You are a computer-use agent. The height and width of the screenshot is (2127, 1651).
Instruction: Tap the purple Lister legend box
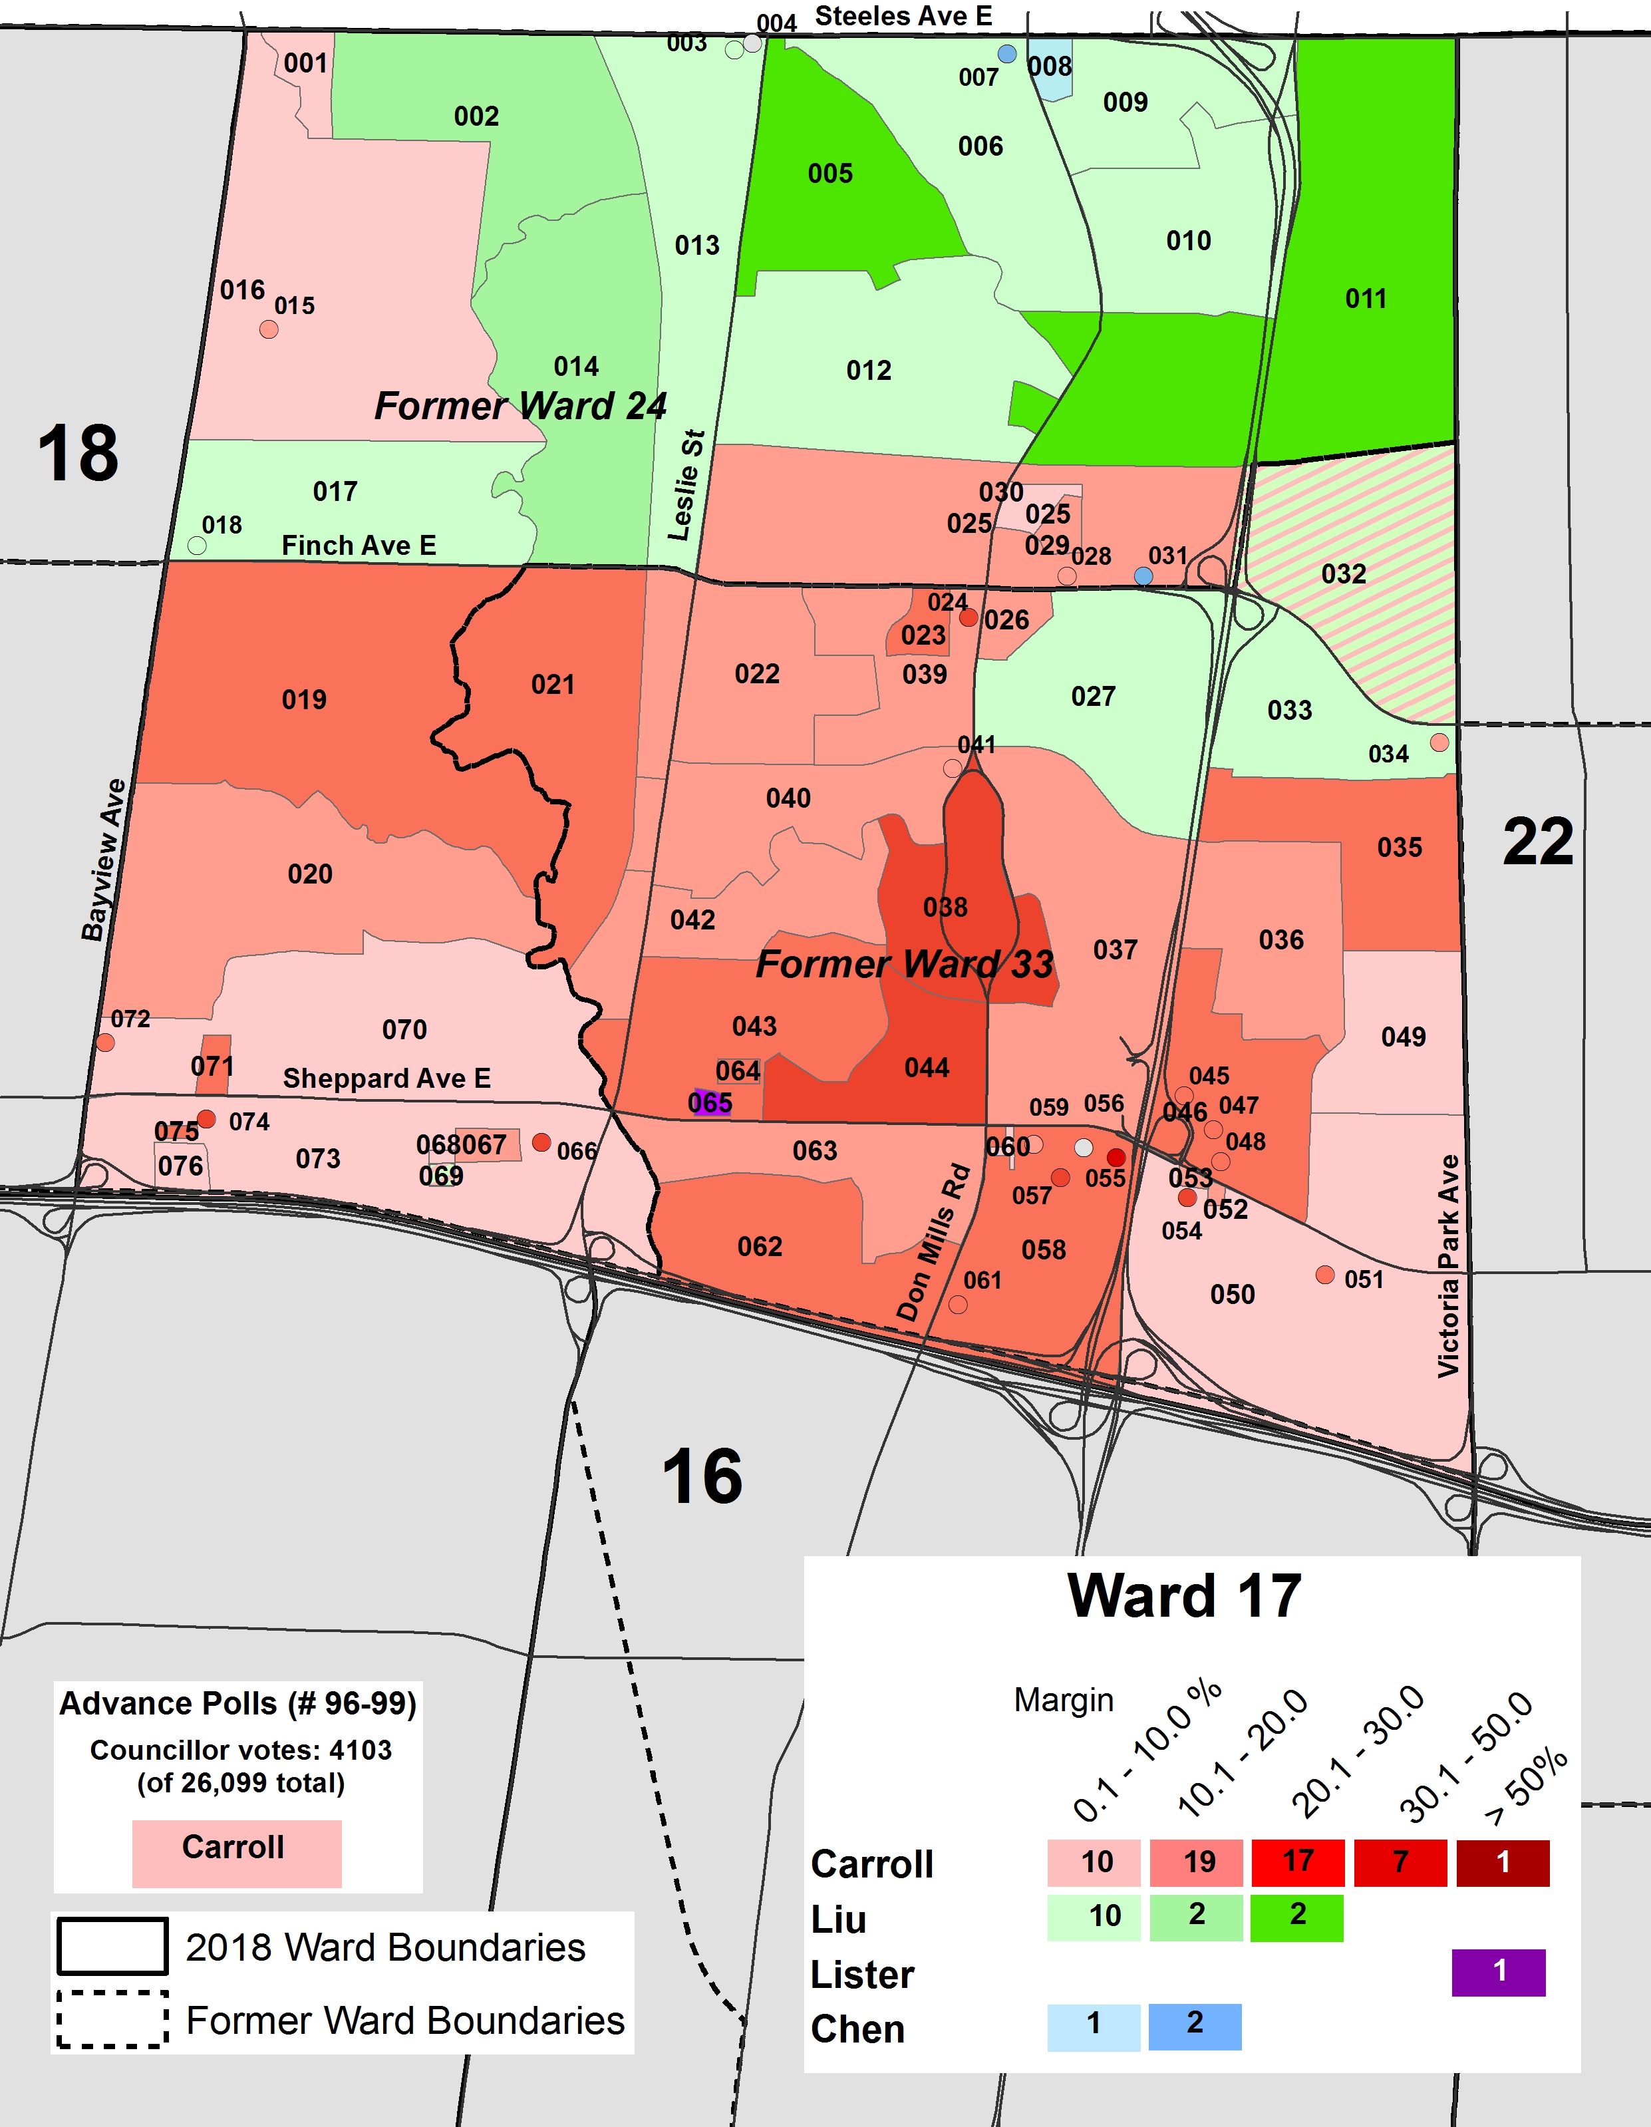point(1498,1972)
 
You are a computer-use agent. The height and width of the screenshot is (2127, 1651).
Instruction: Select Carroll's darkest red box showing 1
point(1502,1863)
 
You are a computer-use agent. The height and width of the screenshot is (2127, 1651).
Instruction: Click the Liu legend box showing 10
point(1093,1917)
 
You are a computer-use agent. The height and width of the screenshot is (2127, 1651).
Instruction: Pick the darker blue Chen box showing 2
point(1195,2027)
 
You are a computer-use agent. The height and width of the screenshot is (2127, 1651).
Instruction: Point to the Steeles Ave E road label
point(903,17)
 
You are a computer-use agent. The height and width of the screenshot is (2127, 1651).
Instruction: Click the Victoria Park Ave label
point(1449,1266)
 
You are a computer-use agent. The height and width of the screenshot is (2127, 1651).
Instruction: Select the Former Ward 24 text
point(521,406)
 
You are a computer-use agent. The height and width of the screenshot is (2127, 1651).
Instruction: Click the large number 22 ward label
point(1537,842)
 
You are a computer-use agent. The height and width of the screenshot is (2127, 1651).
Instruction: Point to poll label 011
point(1365,299)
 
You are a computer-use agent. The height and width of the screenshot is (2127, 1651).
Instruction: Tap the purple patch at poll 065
point(708,1104)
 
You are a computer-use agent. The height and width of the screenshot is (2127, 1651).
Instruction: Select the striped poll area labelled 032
point(1382,623)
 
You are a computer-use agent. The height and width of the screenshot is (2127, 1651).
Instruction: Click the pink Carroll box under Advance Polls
point(237,1854)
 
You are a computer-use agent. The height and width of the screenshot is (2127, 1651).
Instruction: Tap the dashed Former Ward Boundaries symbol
point(112,2020)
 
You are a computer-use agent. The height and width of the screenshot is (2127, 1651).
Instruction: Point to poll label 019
point(304,700)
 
